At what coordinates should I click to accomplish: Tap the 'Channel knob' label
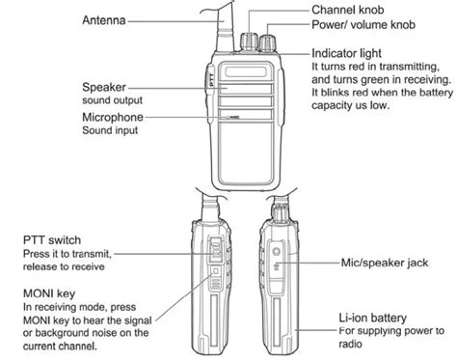pyautogui.click(x=348, y=8)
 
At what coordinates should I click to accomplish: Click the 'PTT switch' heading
pyautogui.click(x=53, y=240)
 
